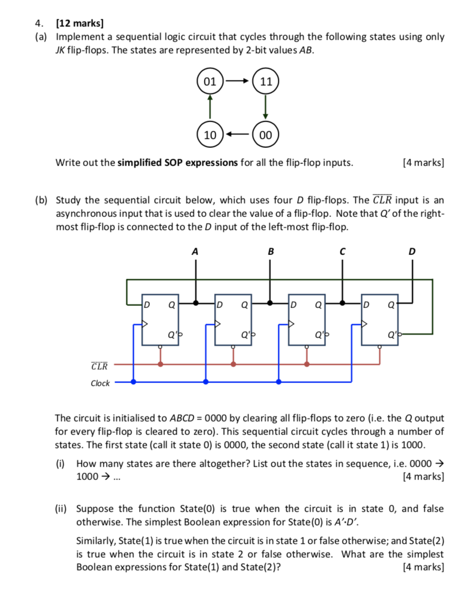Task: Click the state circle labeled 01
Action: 210,82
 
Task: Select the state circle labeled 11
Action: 265,82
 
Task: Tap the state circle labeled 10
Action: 210,135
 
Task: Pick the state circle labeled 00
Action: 265,135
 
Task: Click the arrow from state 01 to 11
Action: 238,82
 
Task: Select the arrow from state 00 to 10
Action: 238,135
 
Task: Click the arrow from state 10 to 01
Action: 210,108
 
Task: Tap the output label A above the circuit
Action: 195,251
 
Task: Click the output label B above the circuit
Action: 270,251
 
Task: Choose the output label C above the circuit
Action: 343,251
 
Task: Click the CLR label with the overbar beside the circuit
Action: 100,367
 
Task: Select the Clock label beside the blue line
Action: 100,383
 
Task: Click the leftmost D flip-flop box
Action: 159,319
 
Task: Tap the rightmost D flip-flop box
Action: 379,319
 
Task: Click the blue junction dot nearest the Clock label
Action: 133,382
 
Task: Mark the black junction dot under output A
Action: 196,303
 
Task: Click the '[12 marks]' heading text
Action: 80,23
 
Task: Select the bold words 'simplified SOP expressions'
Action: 177,162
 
